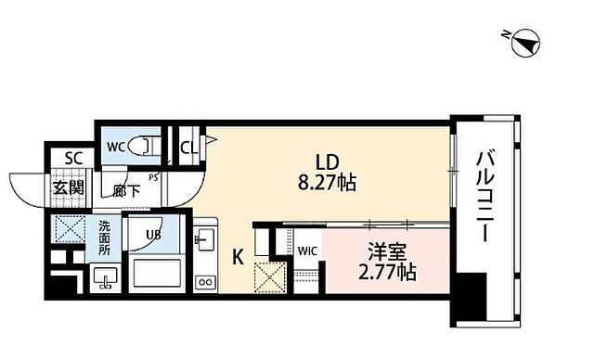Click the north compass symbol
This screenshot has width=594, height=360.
point(525,43)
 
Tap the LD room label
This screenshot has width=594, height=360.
point(328,162)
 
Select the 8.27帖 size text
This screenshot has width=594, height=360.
point(327,184)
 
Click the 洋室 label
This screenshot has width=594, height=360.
point(387,251)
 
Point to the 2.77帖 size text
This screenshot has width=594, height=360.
point(387,272)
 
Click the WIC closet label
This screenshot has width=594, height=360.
point(307,251)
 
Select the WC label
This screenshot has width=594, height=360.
point(115,148)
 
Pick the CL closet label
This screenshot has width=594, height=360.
point(188,148)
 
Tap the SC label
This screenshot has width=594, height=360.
point(73,159)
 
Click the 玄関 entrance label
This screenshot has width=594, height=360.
point(68,187)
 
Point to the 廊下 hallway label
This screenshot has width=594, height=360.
point(126,191)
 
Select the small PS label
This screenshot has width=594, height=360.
point(153,177)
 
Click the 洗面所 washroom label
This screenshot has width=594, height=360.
point(104,238)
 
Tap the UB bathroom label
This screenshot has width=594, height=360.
point(153,235)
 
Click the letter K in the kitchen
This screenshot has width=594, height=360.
point(238,257)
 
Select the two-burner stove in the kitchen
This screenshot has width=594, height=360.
point(205,282)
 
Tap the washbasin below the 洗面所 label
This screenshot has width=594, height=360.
point(105,277)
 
